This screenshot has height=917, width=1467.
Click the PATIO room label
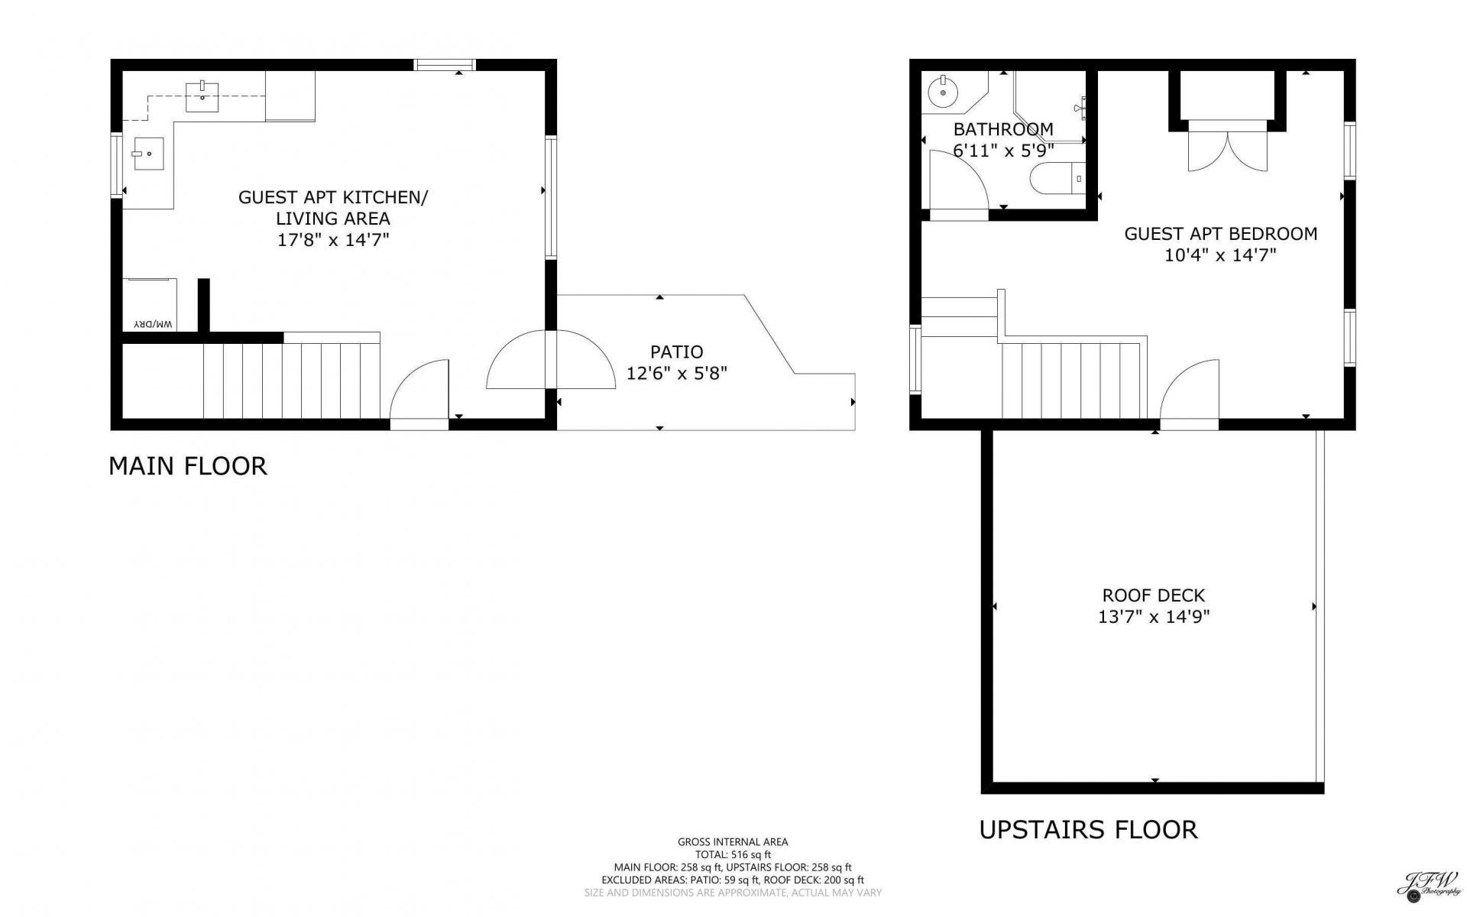coord(676,352)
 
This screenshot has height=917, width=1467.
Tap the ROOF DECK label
coord(1153,595)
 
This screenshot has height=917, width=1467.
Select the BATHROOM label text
coord(1002,129)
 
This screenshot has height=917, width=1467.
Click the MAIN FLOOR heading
coord(188,466)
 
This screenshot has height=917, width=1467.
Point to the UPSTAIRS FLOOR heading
coord(1088,830)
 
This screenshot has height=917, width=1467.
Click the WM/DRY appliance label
coord(154,324)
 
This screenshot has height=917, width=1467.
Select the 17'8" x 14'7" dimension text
coord(333,240)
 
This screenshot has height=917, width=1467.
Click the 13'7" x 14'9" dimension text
coord(1154,617)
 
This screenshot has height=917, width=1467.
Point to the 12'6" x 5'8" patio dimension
coord(677,374)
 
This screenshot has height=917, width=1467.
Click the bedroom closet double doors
coord(1228,146)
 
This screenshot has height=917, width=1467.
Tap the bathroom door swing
coord(959,179)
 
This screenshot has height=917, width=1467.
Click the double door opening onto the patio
coord(551,360)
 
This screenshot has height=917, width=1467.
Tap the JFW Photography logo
coord(1429,886)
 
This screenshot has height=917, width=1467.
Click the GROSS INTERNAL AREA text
coord(733,842)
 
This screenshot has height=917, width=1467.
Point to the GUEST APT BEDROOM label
coord(1221,234)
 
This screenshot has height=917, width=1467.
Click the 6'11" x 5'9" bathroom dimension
coord(1003,151)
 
